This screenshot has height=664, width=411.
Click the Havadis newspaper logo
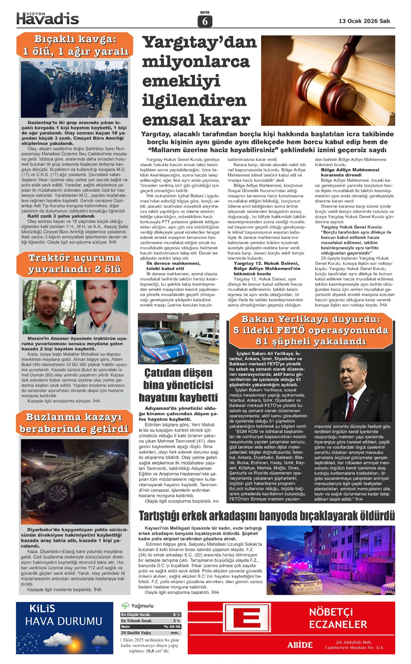[x=48, y=19]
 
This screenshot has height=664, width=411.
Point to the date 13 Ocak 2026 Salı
[x=364, y=21]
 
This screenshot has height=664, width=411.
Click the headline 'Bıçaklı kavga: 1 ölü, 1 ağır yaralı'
[x=75, y=45]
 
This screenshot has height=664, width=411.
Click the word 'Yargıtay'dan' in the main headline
[x=200, y=42]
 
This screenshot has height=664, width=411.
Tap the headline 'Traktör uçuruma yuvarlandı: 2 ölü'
[x=75, y=263]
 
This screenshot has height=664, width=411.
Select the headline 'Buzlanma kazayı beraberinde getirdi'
[x=74, y=423]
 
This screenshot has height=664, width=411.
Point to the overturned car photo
[x=75, y=481]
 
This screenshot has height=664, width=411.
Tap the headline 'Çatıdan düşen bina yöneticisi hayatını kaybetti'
[x=178, y=385]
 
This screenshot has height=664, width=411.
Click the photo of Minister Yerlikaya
[x=353, y=387]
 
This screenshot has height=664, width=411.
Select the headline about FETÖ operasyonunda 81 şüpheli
[x=311, y=330]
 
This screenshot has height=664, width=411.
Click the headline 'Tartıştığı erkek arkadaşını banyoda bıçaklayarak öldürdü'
[x=266, y=515]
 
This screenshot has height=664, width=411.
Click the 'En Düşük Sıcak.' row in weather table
[x=151, y=615]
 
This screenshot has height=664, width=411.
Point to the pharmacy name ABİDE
[x=300, y=645]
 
